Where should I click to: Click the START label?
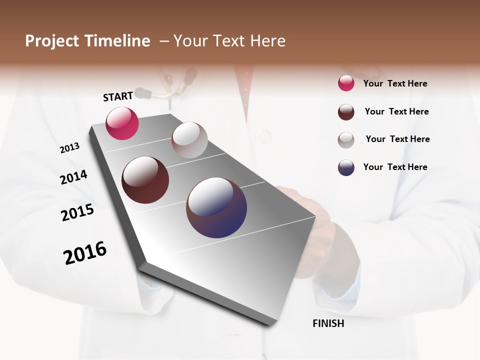(x=118, y=96)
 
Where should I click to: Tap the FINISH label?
(x=328, y=323)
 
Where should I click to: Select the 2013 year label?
(x=70, y=148)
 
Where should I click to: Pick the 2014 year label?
(x=73, y=177)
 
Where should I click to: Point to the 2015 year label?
(x=77, y=212)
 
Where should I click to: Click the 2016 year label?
(x=85, y=252)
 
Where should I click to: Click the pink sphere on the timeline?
(x=122, y=123)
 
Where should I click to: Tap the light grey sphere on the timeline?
(x=189, y=140)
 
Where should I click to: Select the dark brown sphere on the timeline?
(x=145, y=180)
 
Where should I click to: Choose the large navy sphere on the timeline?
(x=216, y=207)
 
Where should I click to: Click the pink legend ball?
(x=346, y=83)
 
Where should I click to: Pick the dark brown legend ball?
(x=346, y=112)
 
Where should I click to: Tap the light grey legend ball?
(x=346, y=140)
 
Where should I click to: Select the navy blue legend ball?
(x=346, y=167)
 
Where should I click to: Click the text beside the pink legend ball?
(x=395, y=83)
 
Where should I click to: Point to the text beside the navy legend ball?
(x=395, y=167)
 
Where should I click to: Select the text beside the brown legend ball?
(x=396, y=111)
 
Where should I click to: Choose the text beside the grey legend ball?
(x=397, y=139)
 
